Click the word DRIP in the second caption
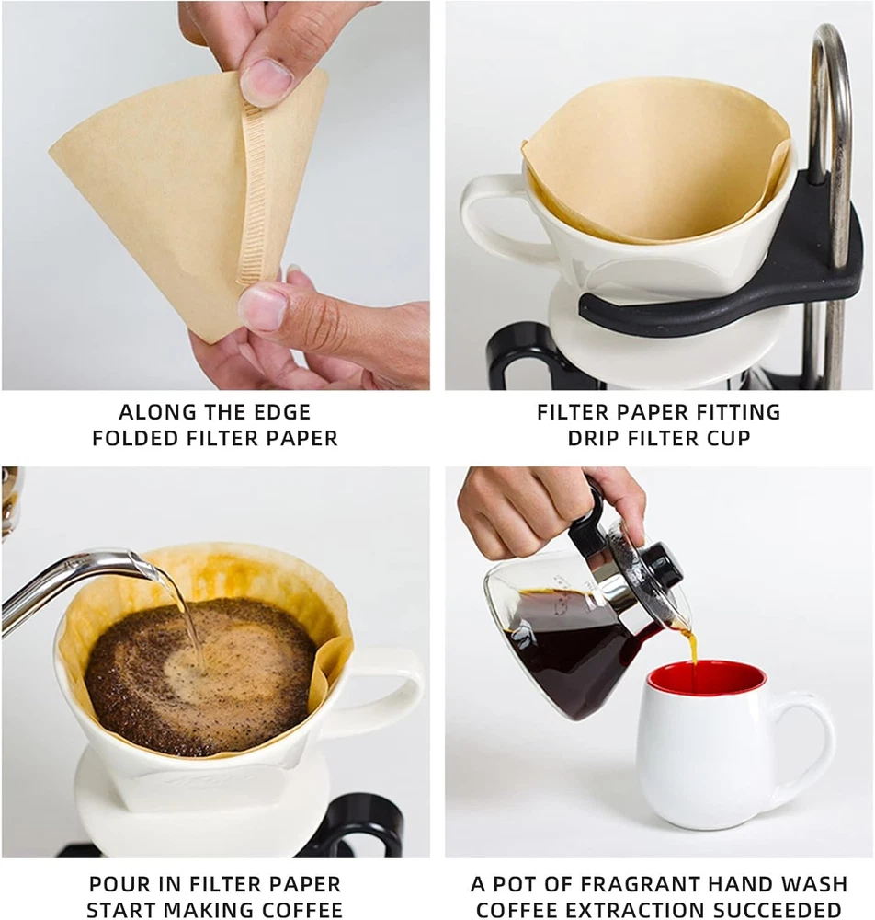pyautogui.click(x=591, y=438)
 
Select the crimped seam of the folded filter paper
pyautogui.click(x=253, y=194)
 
